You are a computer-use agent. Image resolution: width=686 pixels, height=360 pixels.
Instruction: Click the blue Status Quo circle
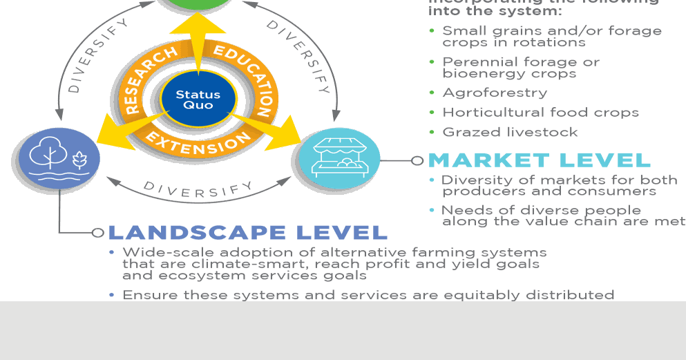(x=198, y=100)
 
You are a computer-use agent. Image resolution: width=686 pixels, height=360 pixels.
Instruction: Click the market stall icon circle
(x=339, y=158)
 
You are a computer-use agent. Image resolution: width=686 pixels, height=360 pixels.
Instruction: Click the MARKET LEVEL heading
(x=540, y=160)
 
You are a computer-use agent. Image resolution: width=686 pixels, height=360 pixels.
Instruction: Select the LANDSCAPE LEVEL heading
(x=247, y=232)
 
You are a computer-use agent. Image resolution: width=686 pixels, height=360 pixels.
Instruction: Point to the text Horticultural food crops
(x=540, y=112)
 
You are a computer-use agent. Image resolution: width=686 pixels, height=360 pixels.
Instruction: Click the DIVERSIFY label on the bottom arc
(x=198, y=189)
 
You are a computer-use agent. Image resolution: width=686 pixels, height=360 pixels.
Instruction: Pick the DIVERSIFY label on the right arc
(x=298, y=55)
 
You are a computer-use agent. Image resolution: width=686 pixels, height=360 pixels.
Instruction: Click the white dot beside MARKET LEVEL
(x=417, y=160)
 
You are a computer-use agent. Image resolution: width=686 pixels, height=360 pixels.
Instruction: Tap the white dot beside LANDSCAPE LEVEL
(x=97, y=233)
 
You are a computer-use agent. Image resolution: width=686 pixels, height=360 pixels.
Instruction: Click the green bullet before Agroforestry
(x=432, y=92)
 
